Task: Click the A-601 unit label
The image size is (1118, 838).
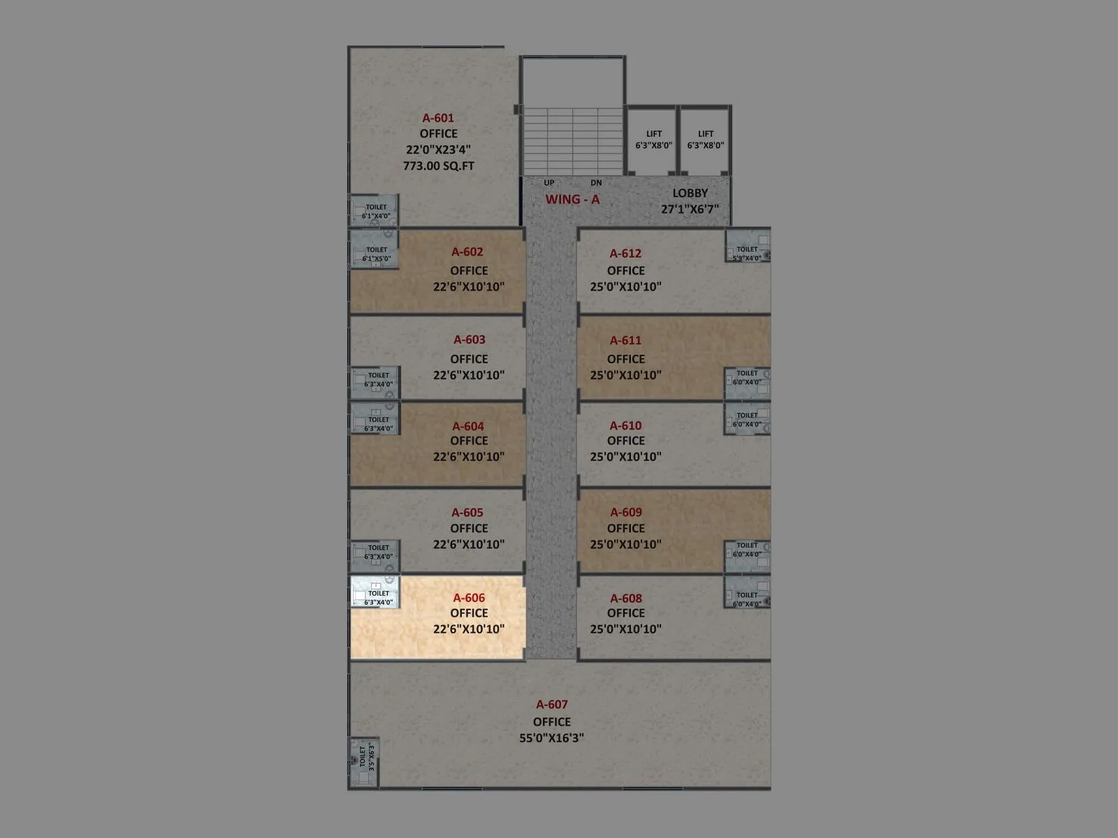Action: click(x=438, y=118)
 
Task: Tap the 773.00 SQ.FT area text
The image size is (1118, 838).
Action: click(x=438, y=166)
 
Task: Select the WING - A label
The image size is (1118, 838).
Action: click(x=572, y=200)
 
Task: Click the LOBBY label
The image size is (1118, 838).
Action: click(x=690, y=193)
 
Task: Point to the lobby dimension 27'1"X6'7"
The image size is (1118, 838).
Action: click(x=690, y=209)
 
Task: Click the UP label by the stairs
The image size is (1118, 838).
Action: click(x=549, y=183)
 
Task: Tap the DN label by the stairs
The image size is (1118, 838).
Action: click(x=595, y=183)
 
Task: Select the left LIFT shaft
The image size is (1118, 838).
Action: click(x=653, y=140)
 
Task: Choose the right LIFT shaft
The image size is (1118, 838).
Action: click(x=705, y=140)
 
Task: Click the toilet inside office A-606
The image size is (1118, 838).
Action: click(x=375, y=592)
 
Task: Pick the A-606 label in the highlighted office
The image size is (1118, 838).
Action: click(x=469, y=598)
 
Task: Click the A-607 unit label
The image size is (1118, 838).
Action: click(x=552, y=705)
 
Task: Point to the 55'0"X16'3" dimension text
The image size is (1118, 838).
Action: click(x=552, y=737)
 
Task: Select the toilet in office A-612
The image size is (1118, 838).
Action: click(x=748, y=246)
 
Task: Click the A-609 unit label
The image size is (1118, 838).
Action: click(x=626, y=513)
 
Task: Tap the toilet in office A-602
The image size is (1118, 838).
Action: click(x=375, y=248)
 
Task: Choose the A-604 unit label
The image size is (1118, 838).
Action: click(x=468, y=427)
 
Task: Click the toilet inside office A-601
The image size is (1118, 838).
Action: click(x=375, y=209)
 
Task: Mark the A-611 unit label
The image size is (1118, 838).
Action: click(x=626, y=341)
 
